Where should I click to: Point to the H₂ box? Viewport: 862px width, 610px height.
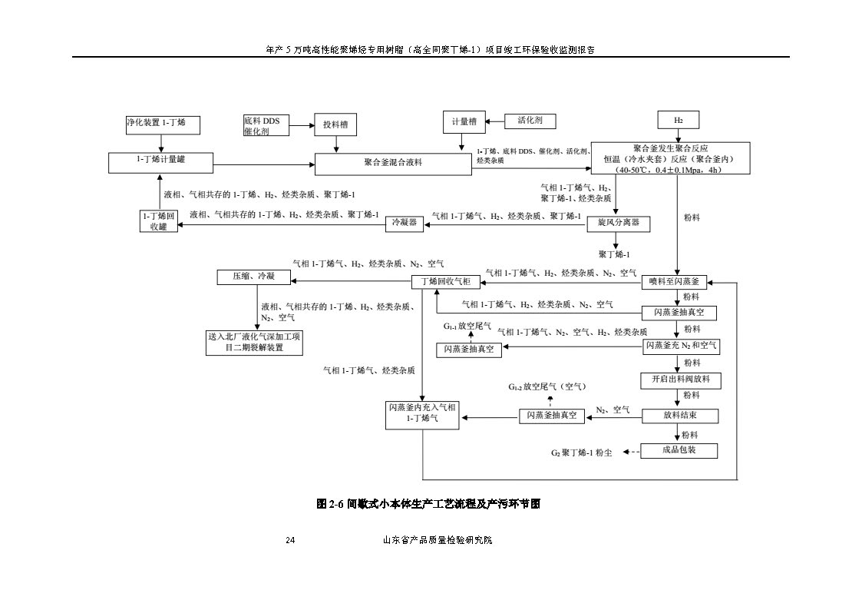[x=679, y=121]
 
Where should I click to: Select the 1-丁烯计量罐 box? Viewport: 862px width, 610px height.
[x=160, y=161]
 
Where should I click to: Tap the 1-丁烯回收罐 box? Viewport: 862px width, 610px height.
[x=158, y=221]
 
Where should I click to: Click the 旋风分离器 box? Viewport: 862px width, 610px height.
[x=618, y=224]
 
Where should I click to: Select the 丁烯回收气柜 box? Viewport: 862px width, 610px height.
[x=446, y=282]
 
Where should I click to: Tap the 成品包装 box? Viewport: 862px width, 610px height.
[x=679, y=451]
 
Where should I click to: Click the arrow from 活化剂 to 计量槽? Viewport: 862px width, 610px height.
[x=492, y=121]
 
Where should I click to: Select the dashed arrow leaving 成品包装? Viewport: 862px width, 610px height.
[x=631, y=452]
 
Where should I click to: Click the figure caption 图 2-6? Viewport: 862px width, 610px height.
[x=429, y=505]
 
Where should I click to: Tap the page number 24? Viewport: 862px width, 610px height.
[x=290, y=541]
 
